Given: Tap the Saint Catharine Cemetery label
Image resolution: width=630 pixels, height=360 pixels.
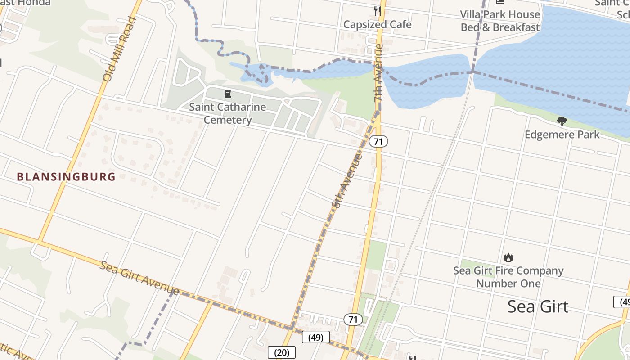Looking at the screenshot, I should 227,113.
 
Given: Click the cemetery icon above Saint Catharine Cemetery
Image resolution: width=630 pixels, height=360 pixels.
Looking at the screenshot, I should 228,94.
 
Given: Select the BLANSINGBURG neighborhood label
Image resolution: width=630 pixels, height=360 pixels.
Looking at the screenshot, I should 66,177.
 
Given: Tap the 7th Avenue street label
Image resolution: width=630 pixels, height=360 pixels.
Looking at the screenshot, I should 379,72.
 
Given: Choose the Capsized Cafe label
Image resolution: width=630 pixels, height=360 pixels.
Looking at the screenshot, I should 377,24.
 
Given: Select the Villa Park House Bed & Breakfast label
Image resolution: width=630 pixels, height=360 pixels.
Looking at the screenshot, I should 500,21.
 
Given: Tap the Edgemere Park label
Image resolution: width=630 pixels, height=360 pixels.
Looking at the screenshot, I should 562,135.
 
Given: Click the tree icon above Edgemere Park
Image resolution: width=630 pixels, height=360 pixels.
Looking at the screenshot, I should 562,121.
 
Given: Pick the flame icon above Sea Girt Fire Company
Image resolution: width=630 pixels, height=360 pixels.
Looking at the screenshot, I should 508,257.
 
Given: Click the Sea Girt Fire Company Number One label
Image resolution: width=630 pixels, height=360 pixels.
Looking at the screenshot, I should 508,277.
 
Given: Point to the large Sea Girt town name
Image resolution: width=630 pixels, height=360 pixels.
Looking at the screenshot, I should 538,306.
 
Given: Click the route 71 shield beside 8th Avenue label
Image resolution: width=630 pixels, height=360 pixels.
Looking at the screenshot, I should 378,141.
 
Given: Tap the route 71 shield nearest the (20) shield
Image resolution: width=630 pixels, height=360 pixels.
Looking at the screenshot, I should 353,319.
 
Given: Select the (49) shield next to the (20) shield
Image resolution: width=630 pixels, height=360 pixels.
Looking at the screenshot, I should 316,337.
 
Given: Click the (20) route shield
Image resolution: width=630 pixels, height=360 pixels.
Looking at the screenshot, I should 282,352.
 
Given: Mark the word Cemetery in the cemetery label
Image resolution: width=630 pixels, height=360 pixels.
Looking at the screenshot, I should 227,120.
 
